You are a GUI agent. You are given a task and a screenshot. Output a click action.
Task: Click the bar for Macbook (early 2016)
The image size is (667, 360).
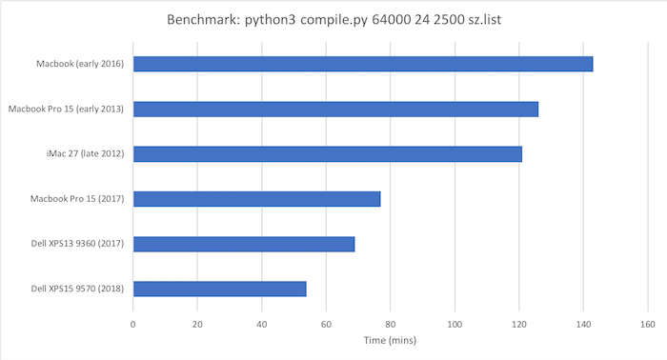pyautogui.click(x=362, y=64)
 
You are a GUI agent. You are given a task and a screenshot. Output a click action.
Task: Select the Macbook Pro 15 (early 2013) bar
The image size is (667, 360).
pyautogui.click(x=335, y=109)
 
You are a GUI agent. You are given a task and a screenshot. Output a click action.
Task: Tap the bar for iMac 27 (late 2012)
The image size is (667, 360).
pyautogui.click(x=328, y=153)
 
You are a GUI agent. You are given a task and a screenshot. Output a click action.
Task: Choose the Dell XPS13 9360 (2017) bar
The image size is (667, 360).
pyautogui.click(x=244, y=244)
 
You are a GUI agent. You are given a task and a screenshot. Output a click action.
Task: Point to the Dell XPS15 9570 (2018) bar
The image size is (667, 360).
pyautogui.click(x=219, y=289)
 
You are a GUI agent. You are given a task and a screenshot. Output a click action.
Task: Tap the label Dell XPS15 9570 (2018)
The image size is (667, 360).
pyautogui.click(x=79, y=289)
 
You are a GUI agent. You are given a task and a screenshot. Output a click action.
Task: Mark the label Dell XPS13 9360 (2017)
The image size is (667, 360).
pyautogui.click(x=79, y=244)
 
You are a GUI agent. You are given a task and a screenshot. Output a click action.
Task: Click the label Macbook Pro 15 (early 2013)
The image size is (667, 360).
pyautogui.click(x=67, y=109)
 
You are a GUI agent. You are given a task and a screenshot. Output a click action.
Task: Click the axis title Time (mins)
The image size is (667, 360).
pyautogui.click(x=391, y=339)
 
